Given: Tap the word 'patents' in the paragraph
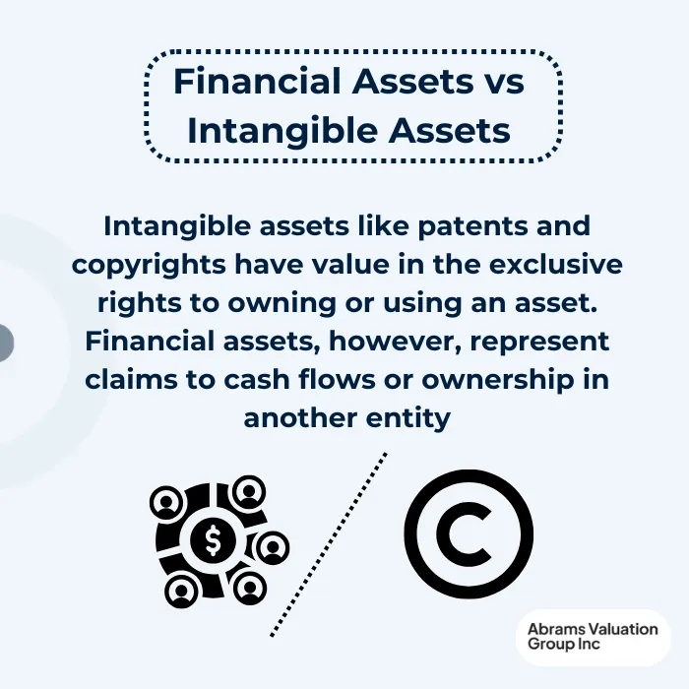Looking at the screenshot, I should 458,226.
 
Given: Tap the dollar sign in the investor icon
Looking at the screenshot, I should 213,538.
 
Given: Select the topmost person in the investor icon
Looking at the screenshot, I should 249,489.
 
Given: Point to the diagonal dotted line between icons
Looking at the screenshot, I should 328,544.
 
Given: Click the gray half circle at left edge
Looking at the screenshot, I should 5,343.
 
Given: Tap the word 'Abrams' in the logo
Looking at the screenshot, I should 553,629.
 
